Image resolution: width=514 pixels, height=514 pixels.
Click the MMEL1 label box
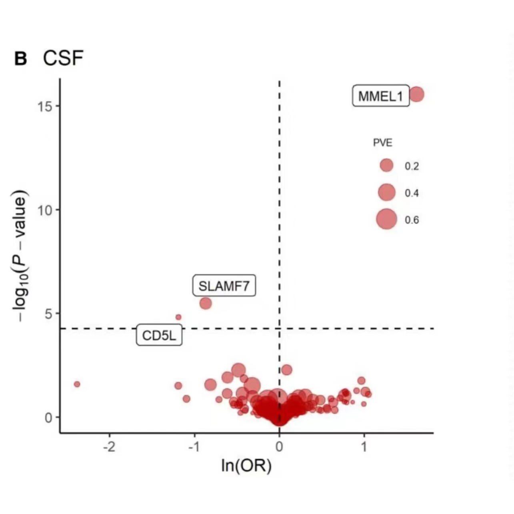[x=380, y=96]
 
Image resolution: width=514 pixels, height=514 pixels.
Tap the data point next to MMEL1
[x=416, y=94]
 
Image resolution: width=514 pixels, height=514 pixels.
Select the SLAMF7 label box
[x=224, y=286]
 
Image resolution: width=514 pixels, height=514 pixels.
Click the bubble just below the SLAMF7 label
[x=205, y=303]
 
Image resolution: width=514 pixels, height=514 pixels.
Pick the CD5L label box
[x=159, y=335]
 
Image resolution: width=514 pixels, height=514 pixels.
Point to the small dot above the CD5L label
[x=178, y=317]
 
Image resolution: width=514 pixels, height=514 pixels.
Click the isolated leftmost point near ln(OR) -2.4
[x=77, y=384]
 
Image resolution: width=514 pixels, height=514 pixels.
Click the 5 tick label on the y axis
[x=49, y=313]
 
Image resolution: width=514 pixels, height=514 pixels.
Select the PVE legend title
[x=382, y=143]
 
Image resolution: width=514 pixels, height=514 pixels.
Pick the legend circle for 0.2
[x=386, y=165]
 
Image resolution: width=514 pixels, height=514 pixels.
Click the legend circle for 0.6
[x=386, y=219]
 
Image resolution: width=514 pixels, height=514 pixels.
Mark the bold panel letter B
[x=21, y=59]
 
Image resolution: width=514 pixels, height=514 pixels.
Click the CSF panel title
[x=63, y=58]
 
